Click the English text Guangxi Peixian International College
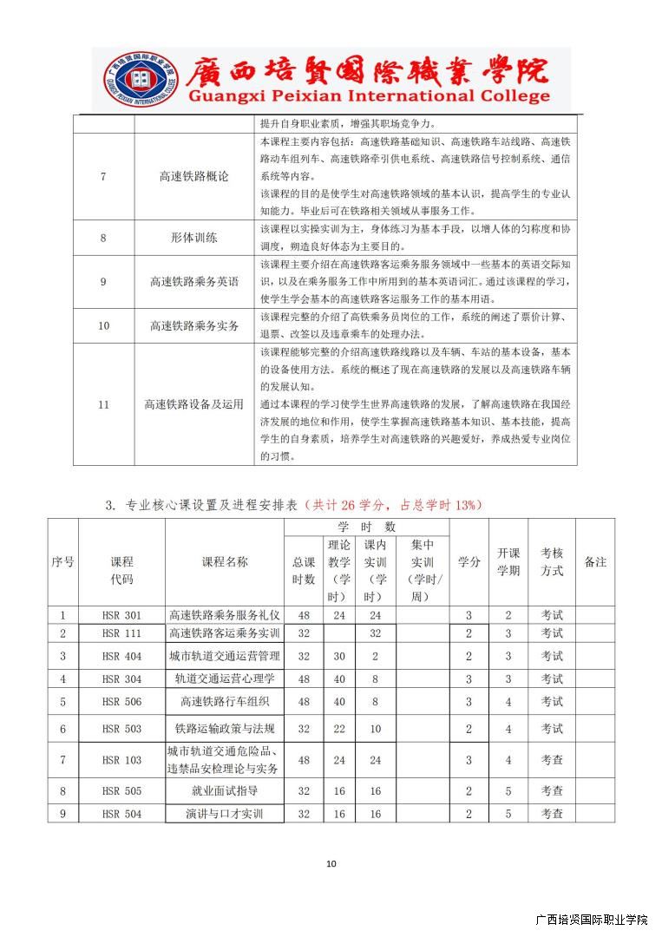point(367,96)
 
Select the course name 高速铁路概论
point(194,177)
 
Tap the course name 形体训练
point(194,237)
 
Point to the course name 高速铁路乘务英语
point(194,281)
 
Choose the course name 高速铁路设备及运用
point(194,404)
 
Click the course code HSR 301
point(121,616)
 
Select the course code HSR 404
point(121,656)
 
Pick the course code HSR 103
point(121,760)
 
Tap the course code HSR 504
point(121,814)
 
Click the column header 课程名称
point(225,562)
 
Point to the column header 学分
point(469,562)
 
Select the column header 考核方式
point(552,562)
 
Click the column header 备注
point(595,562)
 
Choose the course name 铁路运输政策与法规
point(225,729)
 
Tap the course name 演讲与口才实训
point(225,814)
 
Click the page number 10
point(331,863)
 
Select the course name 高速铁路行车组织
point(225,701)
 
